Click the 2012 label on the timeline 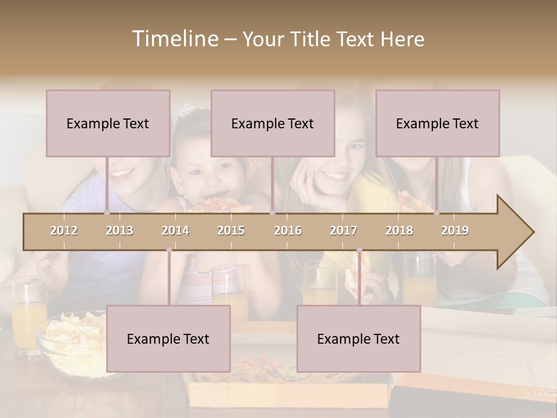[64, 230]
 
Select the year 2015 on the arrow [231, 230]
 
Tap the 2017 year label [343, 230]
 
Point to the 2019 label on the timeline [455, 230]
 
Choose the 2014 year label [175, 230]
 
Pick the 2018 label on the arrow [399, 230]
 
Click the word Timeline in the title [174, 39]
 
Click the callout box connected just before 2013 [108, 123]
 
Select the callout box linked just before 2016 [273, 123]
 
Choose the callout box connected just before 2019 [437, 123]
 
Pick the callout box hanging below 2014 [168, 338]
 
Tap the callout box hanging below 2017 [359, 338]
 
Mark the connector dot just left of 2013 [107, 212]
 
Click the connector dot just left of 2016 [272, 212]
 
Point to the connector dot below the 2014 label [169, 250]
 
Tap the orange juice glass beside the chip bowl [27, 316]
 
